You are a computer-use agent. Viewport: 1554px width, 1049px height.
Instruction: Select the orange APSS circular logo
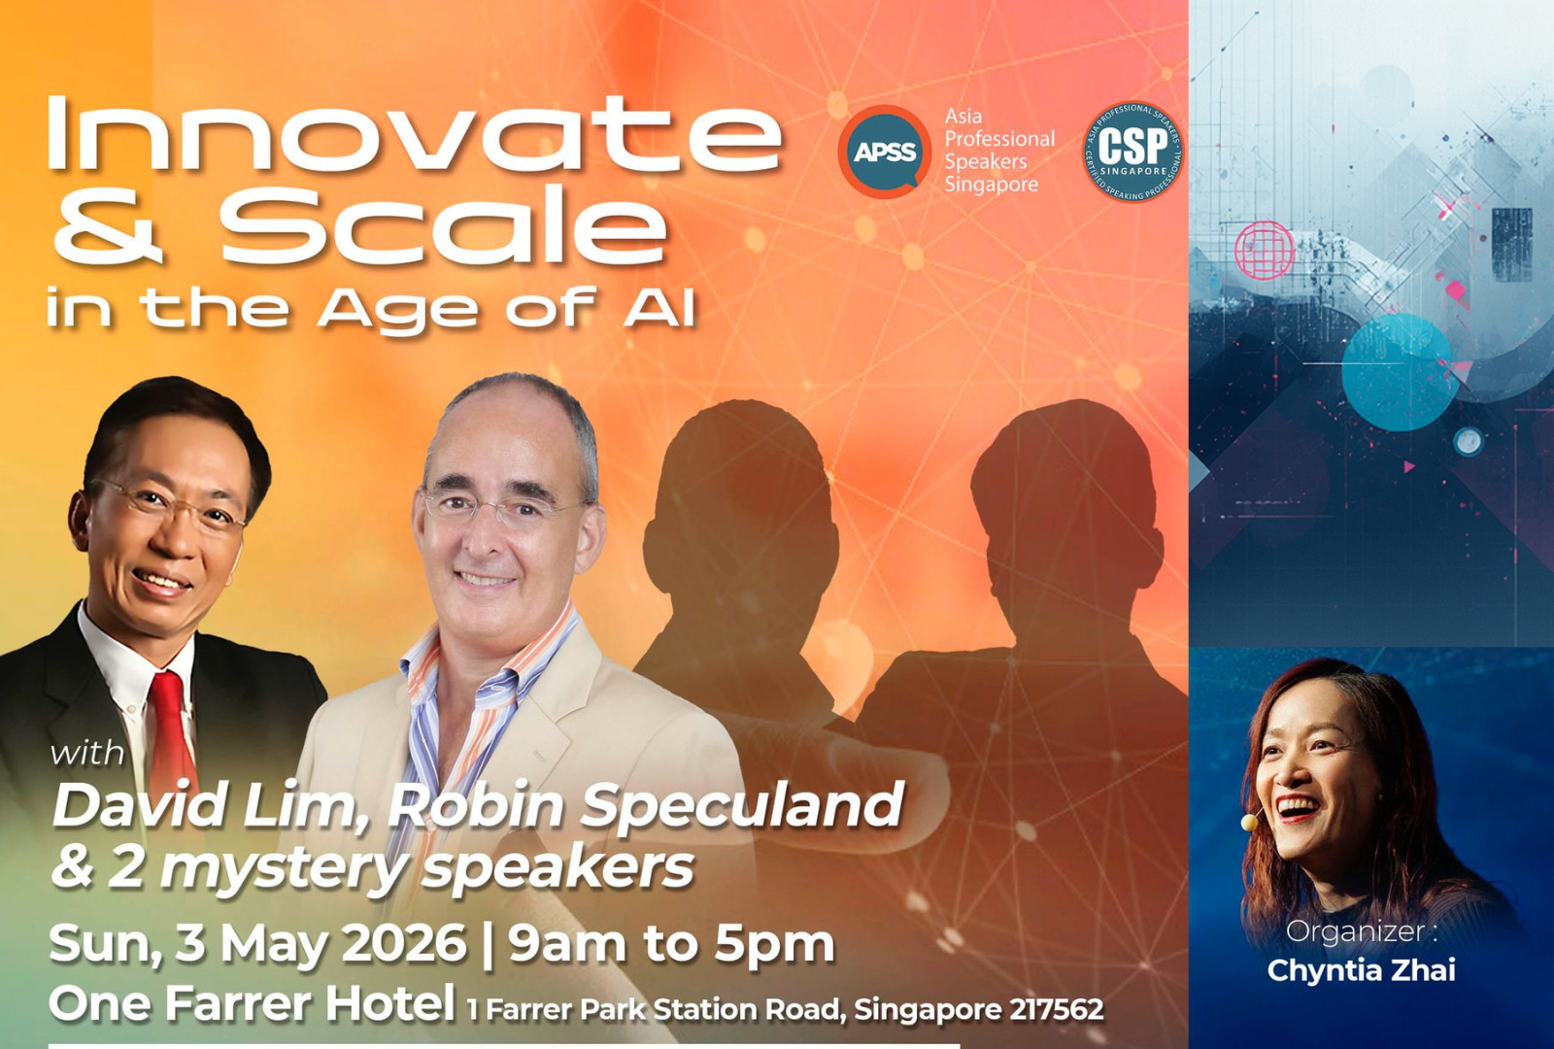[885, 152]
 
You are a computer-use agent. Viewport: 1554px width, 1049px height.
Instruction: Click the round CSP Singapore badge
[1132, 152]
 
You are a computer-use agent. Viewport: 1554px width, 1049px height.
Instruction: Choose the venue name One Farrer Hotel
[252, 1004]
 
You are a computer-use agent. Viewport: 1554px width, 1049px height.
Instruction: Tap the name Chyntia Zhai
[1361, 970]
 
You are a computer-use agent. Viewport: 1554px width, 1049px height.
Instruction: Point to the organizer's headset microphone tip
[1249, 823]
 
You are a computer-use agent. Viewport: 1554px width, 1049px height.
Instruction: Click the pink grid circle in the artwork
[1264, 251]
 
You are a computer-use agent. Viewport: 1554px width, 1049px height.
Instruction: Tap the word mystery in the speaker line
[284, 868]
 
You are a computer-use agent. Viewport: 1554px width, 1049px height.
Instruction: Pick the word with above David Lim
[88, 754]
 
